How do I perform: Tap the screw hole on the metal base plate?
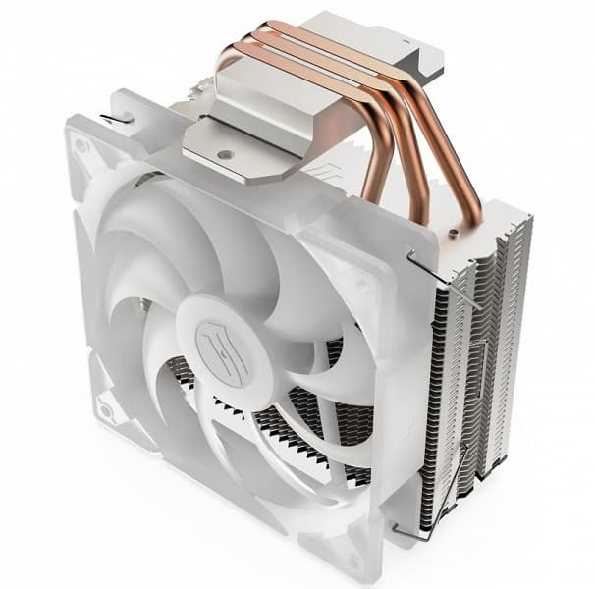click(224, 154)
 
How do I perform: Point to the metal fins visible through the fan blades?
click(295, 412)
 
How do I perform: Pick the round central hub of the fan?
click(218, 339)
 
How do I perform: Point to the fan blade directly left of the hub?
click(128, 324)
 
